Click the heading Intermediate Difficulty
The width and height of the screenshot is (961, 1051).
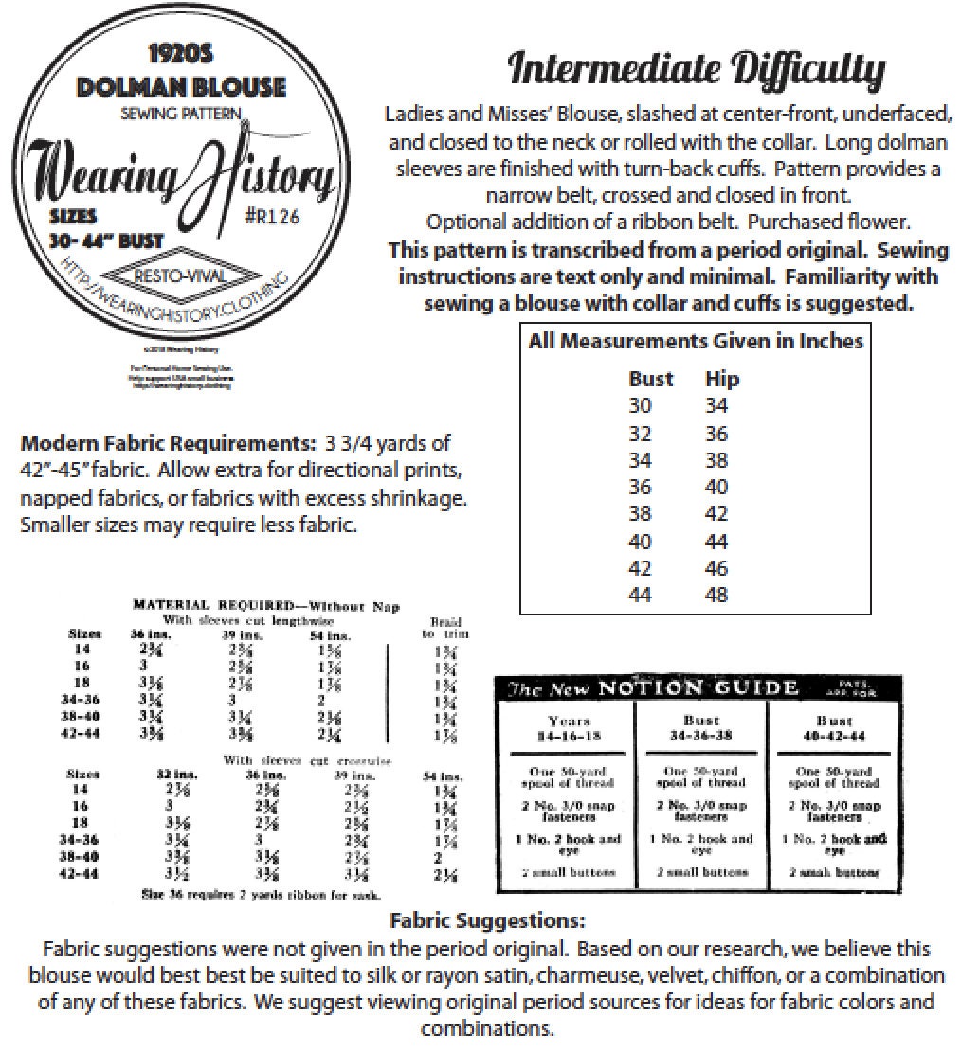(696, 70)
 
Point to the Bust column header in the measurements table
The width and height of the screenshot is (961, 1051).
(651, 379)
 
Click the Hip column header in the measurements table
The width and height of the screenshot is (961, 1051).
(722, 379)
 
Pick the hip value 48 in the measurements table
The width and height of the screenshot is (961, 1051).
(717, 596)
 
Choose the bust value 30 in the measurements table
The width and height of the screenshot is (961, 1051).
(642, 406)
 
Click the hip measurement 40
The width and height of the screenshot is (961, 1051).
(717, 487)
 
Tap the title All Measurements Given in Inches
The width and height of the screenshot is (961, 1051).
(696, 341)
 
